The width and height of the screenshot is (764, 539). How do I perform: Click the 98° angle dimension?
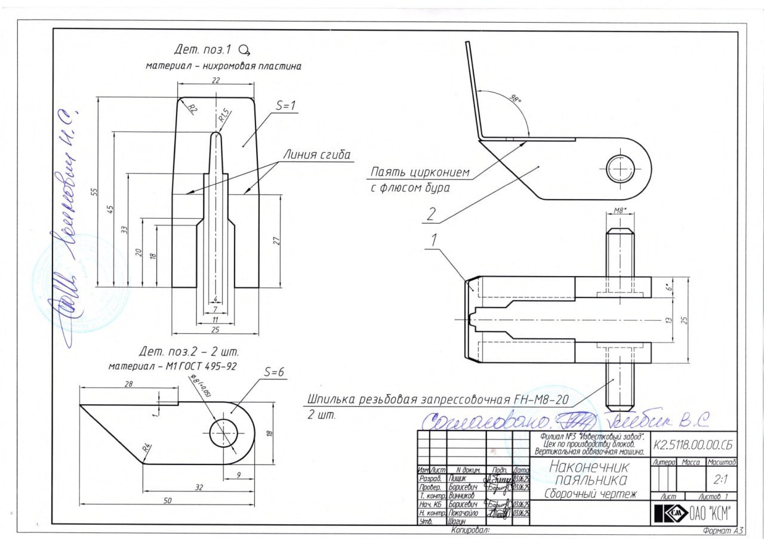tap(512, 98)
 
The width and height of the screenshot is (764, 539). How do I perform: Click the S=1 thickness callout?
tap(286, 106)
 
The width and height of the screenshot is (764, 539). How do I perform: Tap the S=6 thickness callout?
tap(273, 371)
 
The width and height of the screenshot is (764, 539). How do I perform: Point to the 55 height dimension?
tap(94, 191)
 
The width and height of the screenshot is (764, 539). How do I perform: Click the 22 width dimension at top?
tap(216, 80)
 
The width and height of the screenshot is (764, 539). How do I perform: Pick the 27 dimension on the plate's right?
tap(276, 240)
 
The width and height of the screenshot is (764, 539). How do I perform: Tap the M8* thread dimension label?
tap(620, 211)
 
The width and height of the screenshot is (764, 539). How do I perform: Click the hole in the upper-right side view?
tap(619, 166)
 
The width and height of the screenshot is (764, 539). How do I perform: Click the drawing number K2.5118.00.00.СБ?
tap(692, 444)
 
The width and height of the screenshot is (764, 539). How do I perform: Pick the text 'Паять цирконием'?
tap(420, 173)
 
